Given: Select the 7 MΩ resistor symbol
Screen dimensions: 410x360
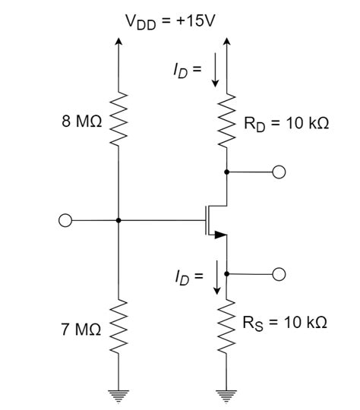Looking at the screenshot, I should [x=119, y=328].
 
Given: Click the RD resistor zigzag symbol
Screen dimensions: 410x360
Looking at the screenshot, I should [x=227, y=121].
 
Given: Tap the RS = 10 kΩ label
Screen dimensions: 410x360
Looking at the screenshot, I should [x=285, y=323].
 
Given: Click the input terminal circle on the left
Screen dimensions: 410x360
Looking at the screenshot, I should [x=66, y=221].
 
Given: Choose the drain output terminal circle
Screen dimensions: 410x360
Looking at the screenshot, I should [x=279, y=172].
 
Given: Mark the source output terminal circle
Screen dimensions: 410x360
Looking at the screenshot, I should [x=279, y=274].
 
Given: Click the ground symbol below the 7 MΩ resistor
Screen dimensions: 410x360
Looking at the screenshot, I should [x=119, y=393].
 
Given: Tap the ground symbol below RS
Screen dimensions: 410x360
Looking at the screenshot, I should [x=227, y=393].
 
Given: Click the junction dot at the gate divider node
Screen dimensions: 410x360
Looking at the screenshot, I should [x=119, y=221].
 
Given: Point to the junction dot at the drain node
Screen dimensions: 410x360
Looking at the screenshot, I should [x=227, y=172].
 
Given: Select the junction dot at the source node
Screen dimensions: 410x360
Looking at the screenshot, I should [x=227, y=274].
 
